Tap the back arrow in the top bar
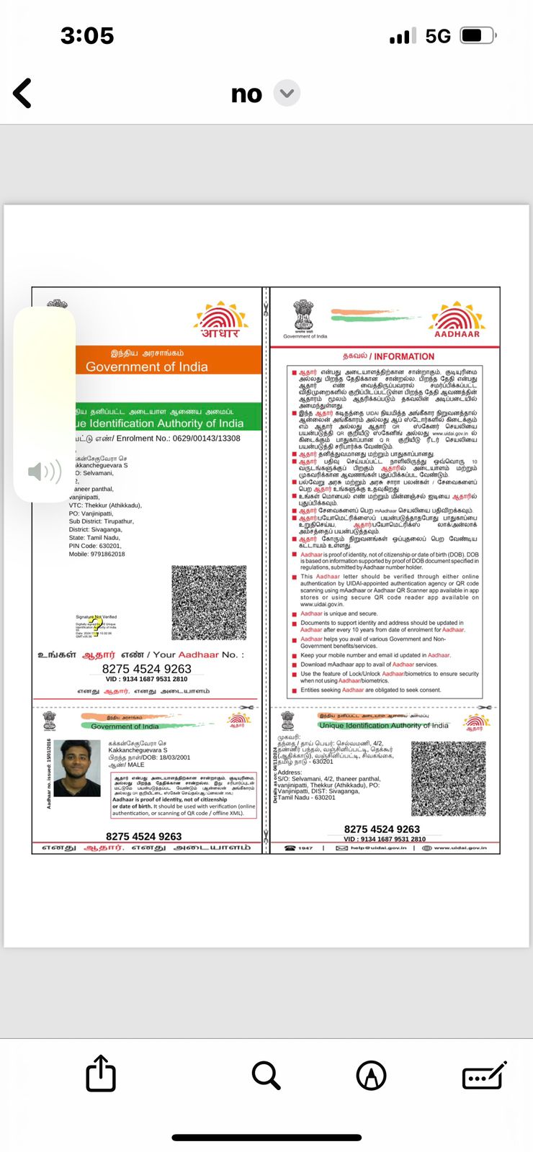click(23, 94)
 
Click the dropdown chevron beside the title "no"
click(287, 94)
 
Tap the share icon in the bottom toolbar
click(101, 1074)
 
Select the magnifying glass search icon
click(266, 1075)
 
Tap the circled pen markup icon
click(372, 1076)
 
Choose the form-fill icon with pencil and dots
click(484, 1076)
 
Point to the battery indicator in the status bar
click(477, 35)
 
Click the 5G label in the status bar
click(438, 36)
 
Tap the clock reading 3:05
click(87, 36)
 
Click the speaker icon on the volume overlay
click(44, 472)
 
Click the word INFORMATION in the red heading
click(404, 356)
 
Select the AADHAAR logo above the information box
click(457, 320)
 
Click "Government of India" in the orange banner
click(147, 366)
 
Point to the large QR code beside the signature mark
click(209, 603)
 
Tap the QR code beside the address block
click(448, 778)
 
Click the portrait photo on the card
click(77, 768)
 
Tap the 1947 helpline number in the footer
click(305, 848)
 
